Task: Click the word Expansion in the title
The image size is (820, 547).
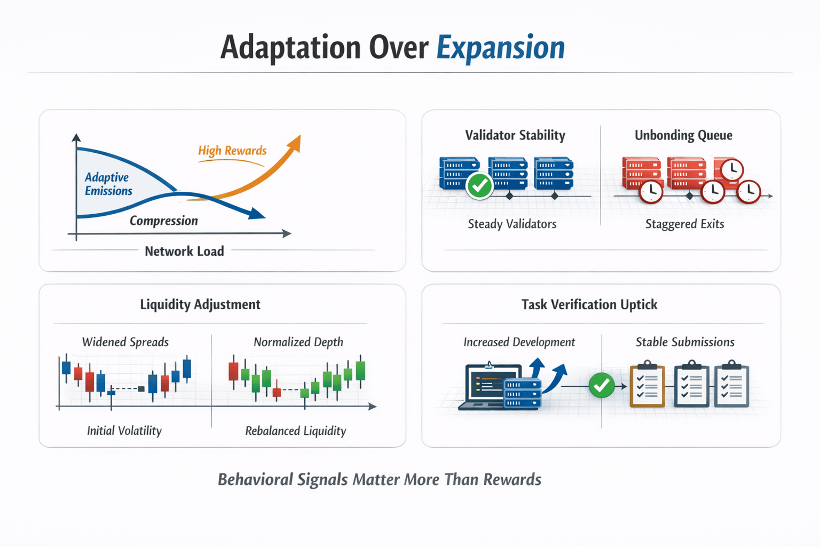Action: tap(500, 48)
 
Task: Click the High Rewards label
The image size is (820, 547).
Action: tap(232, 151)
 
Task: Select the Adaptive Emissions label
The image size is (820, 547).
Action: tap(108, 184)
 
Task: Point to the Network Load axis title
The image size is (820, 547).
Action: tap(184, 251)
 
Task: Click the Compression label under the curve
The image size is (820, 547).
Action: tap(163, 221)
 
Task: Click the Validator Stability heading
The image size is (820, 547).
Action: tap(515, 135)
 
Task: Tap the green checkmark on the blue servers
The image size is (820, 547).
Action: tap(479, 186)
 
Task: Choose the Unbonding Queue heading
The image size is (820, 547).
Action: tap(683, 135)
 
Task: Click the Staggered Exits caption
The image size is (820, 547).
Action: tap(684, 224)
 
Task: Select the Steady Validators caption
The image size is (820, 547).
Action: tap(512, 224)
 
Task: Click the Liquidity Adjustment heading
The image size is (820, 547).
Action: tap(200, 304)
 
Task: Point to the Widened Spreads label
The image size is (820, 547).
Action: tap(125, 342)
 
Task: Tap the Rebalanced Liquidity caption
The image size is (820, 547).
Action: tap(295, 431)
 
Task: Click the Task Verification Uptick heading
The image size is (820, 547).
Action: tap(589, 304)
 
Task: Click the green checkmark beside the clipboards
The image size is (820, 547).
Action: tap(602, 386)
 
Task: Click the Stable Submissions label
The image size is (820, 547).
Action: tap(684, 342)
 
